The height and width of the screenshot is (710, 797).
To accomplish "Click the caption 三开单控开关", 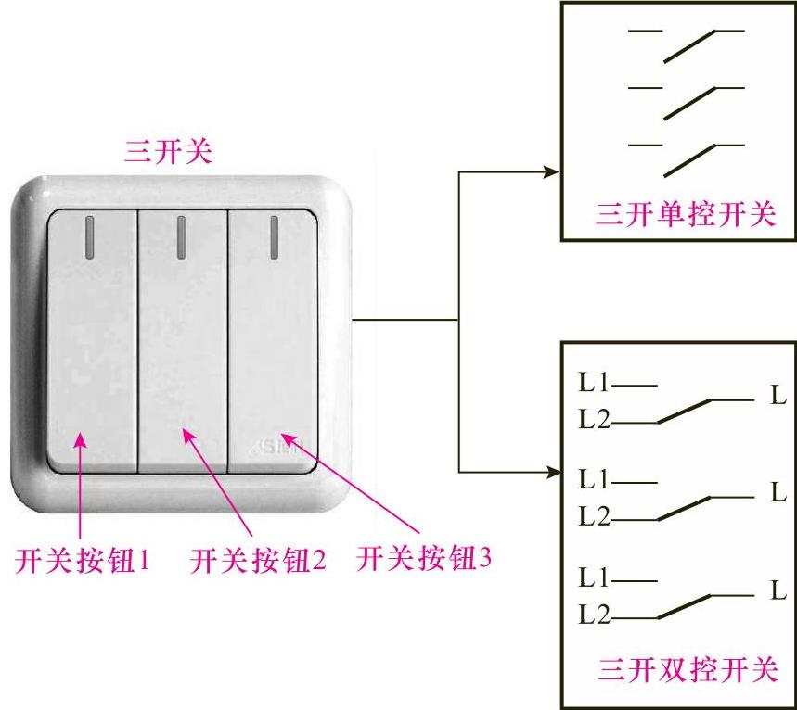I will [685, 216].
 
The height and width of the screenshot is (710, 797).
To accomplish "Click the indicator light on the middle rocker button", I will [180, 237].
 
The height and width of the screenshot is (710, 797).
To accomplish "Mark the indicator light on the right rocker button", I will [275, 237].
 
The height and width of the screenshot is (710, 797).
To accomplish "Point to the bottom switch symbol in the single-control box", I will [687, 157].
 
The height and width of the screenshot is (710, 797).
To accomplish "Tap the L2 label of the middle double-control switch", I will [594, 516].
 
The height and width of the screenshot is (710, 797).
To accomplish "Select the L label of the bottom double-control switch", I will [778, 590].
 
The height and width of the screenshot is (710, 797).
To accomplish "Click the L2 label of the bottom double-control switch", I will [594, 615].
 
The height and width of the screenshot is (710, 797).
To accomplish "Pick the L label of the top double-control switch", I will [778, 397].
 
